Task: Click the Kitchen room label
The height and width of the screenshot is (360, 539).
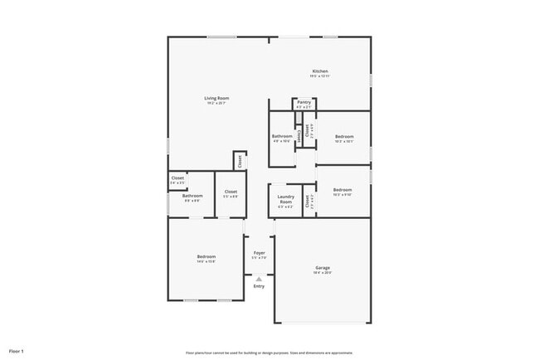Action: (320, 71)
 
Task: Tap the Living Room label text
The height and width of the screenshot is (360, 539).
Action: (217, 98)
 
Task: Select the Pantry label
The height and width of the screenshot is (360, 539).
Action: (303, 102)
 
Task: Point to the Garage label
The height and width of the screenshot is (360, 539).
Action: (323, 267)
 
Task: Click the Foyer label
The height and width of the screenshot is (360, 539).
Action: (260, 252)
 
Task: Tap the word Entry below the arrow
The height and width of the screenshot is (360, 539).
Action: (260, 286)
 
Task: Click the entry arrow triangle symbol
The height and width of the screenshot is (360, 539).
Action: (260, 279)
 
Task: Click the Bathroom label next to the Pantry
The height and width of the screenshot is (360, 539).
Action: (282, 136)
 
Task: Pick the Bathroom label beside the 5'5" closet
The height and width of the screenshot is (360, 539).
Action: (192, 196)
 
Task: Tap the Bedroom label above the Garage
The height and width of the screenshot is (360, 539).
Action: (343, 190)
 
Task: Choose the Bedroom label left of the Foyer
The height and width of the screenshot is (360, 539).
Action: (206, 257)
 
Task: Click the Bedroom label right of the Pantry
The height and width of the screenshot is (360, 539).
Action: (344, 136)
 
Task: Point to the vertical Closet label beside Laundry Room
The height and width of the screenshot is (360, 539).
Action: (308, 200)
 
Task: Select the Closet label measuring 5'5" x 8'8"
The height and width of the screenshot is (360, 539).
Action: (231, 192)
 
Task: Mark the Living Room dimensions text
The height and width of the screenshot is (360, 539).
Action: (217, 103)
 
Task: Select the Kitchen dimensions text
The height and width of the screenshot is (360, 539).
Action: (320, 76)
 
